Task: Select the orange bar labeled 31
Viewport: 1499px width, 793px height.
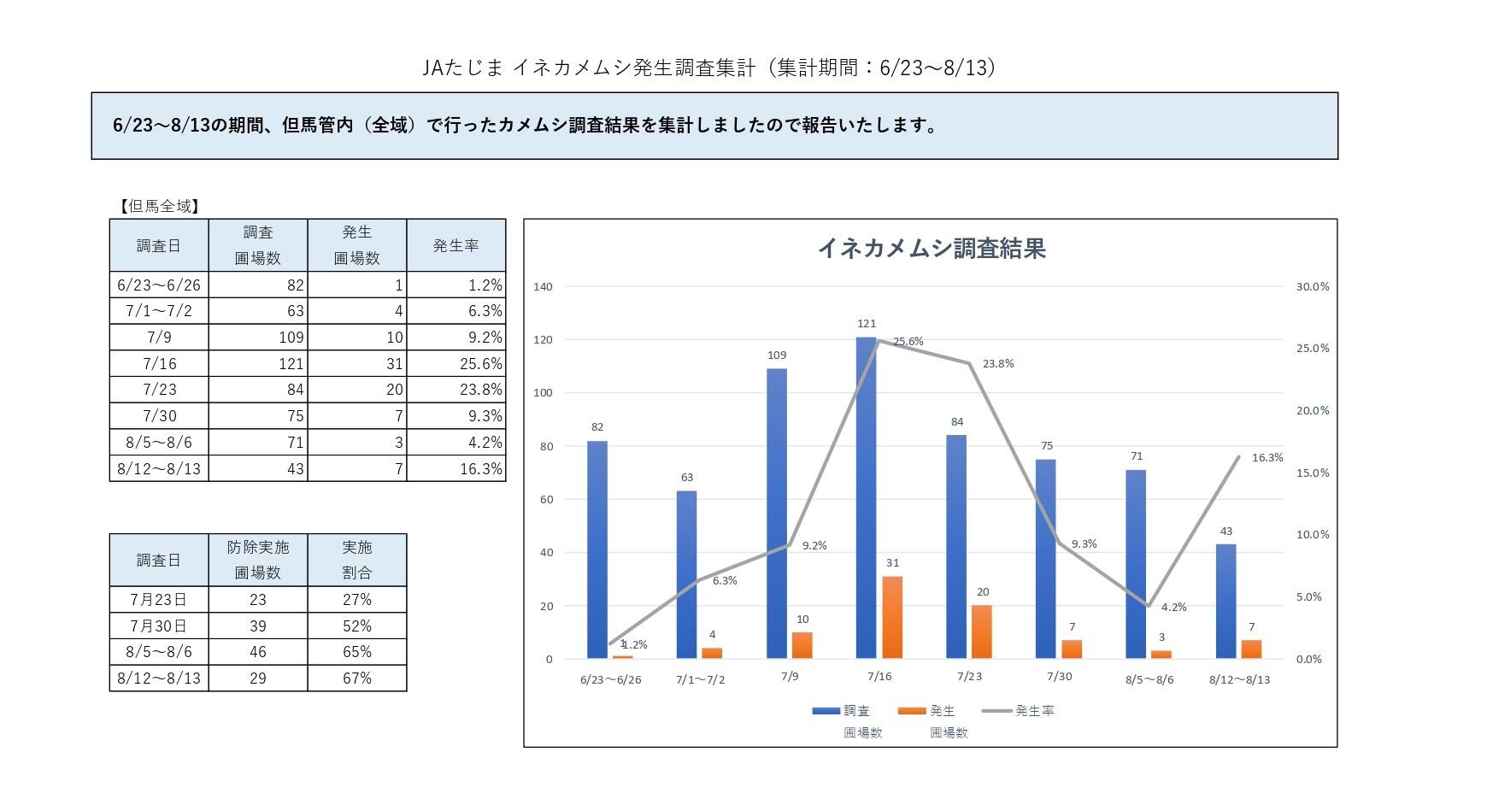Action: (892, 617)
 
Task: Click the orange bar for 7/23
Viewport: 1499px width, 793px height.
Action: (982, 631)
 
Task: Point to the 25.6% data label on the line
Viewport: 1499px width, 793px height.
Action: (908, 341)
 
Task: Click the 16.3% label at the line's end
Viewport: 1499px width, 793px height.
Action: (1267, 458)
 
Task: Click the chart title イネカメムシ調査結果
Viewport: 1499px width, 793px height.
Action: (931, 249)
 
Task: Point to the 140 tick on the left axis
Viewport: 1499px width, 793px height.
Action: (543, 287)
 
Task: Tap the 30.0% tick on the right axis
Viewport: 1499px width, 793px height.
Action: (1312, 287)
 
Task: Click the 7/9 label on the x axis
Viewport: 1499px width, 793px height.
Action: (790, 677)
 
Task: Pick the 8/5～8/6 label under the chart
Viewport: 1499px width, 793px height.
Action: (1149, 680)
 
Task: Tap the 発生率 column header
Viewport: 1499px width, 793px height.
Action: (456, 246)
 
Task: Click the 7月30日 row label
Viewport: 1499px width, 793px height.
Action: (159, 626)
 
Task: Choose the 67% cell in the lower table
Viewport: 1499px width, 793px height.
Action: (357, 678)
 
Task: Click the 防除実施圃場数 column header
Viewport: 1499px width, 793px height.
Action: (257, 560)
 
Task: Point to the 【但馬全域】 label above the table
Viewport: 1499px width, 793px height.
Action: (159, 206)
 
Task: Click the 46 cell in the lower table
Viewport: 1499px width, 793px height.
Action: (257, 652)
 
